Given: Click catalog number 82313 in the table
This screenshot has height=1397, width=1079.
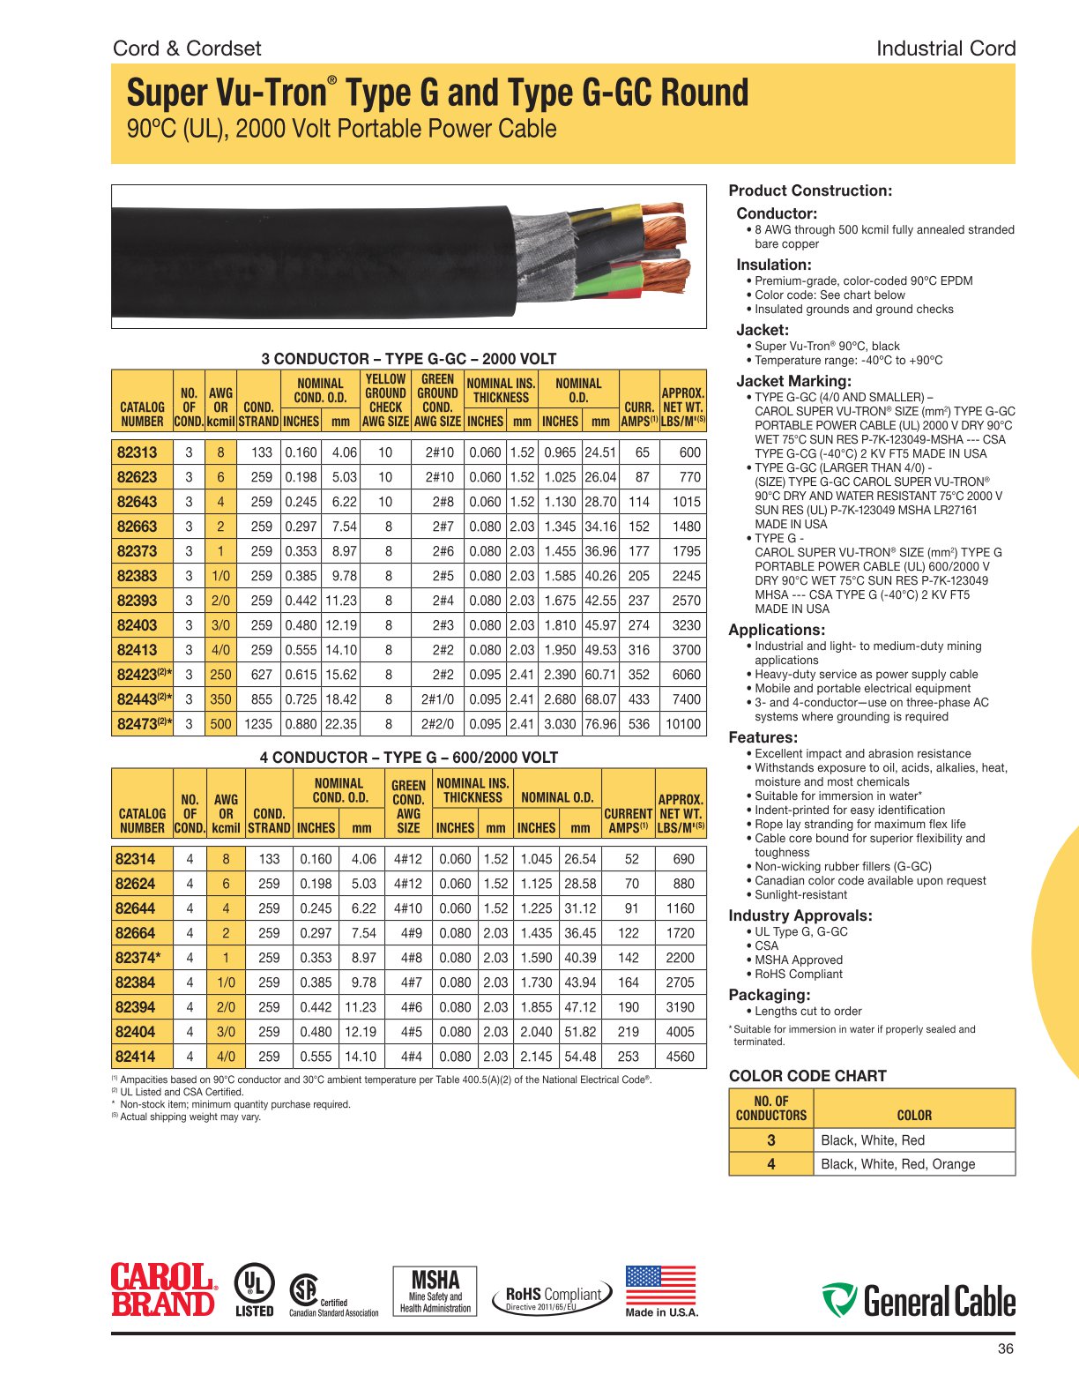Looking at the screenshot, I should pos(138,452).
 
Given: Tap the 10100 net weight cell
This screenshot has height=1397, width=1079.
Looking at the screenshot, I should pos(683,724).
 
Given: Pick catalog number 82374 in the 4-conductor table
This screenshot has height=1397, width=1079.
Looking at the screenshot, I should pos(138,958).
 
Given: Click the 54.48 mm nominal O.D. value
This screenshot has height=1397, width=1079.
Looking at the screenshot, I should pos(580,1057).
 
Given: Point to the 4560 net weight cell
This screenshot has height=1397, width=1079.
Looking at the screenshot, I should pos(680,1057).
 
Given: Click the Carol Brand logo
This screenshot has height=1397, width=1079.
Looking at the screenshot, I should pos(163,1290).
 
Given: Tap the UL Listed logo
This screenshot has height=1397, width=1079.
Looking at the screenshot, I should pos(254,1290).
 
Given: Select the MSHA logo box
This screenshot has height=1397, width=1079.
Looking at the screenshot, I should pos(435,1291).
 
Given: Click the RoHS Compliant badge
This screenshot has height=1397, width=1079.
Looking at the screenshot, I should pos(553,1296).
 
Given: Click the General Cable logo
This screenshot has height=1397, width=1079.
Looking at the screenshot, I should pos(918,1301).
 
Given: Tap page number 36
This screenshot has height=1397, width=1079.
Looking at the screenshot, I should pos(1005,1348).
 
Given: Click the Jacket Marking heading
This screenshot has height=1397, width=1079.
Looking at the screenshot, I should pos(793,381).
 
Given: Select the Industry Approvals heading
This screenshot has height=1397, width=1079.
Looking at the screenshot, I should pos(800,915).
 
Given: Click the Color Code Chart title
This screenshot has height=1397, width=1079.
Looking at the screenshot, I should pos(807,1076).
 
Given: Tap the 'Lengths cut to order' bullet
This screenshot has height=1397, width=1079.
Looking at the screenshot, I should pos(807,1012).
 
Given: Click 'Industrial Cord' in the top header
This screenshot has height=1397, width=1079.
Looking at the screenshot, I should pos(945,49).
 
